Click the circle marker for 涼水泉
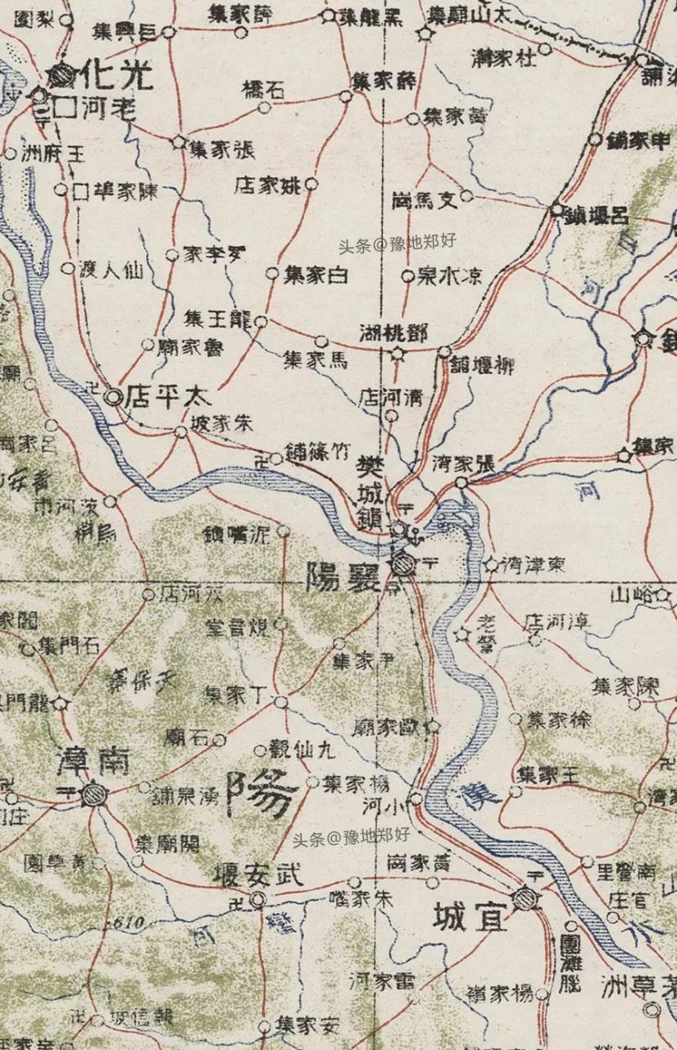pos(407,276)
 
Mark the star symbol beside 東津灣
pos(491,564)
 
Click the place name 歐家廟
pos(388,726)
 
